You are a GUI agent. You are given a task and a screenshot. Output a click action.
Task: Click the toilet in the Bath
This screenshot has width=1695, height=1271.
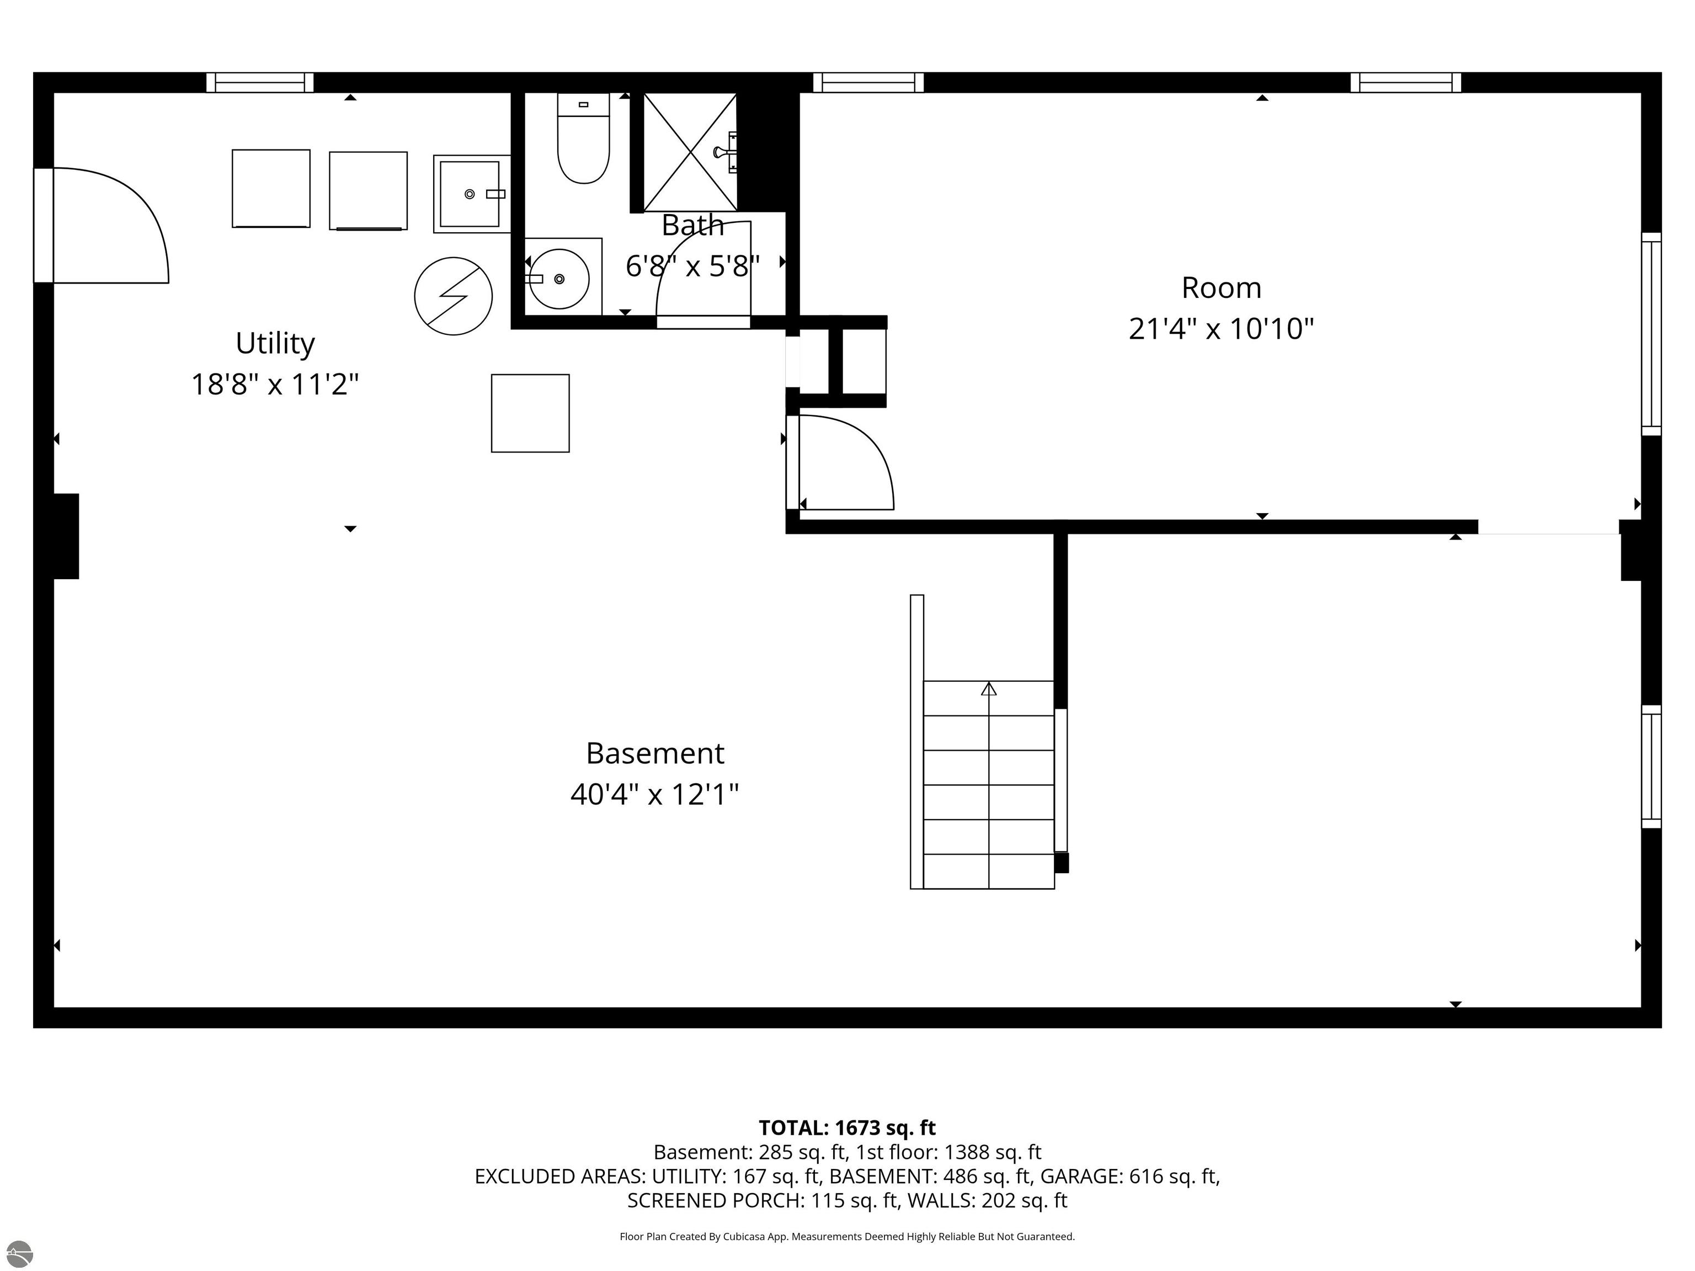[x=583, y=138]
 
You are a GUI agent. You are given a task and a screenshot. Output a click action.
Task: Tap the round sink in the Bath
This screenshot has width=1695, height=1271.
[x=559, y=279]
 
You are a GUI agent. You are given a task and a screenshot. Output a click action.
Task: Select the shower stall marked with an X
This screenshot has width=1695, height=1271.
[x=690, y=152]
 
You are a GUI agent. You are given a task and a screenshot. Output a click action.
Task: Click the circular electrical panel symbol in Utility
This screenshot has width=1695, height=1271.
[x=453, y=296]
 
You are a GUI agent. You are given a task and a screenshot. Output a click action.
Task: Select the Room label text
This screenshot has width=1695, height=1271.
[x=1222, y=288]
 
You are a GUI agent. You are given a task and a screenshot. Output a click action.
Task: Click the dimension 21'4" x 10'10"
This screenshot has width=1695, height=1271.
[x=1222, y=329]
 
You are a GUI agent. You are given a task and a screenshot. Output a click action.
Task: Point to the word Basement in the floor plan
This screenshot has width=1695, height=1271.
[x=655, y=753]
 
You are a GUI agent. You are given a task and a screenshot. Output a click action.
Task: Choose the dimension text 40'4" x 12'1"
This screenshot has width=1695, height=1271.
[x=654, y=794]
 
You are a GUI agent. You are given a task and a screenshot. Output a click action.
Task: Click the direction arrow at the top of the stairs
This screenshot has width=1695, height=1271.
[x=989, y=689]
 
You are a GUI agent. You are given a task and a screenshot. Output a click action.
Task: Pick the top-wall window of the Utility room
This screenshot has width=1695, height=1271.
[x=260, y=83]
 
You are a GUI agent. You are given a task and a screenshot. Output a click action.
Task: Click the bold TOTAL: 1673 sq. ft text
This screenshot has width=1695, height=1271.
[x=847, y=1128]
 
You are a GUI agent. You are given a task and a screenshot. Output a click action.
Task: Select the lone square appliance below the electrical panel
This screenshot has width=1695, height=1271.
[x=530, y=413]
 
